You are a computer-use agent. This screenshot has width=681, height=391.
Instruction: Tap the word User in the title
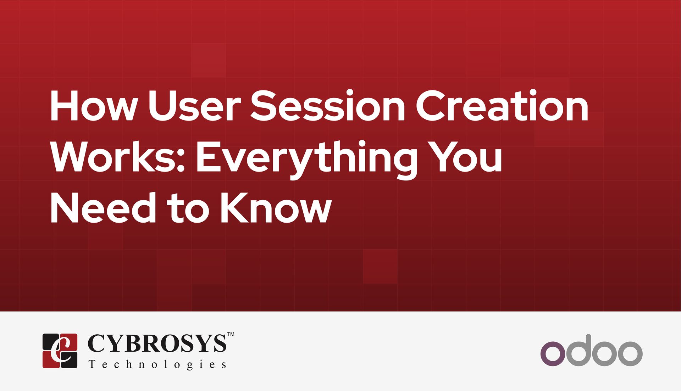click(195, 106)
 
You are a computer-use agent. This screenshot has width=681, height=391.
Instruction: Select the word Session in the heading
click(328, 106)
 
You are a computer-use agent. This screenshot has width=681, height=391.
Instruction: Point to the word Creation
click(502, 106)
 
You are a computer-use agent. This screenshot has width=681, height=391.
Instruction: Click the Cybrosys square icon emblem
click(60, 351)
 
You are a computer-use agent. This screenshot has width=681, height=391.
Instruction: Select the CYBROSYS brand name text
click(156, 343)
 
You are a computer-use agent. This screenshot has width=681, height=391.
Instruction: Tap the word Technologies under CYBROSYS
click(157, 364)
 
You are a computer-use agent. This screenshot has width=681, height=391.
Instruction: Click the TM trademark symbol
click(231, 334)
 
